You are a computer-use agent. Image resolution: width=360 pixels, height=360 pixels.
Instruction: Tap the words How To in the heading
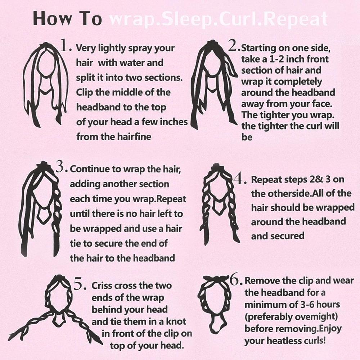[67, 18]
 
